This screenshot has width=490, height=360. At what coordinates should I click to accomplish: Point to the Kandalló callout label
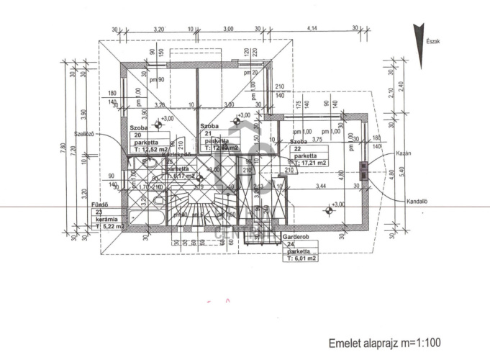417,202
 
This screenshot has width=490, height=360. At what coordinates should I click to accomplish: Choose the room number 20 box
137,135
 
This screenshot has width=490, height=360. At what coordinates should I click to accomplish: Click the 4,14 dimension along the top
312,28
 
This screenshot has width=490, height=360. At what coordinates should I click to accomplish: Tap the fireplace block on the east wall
364,170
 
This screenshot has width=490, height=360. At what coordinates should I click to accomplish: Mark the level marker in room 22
330,210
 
